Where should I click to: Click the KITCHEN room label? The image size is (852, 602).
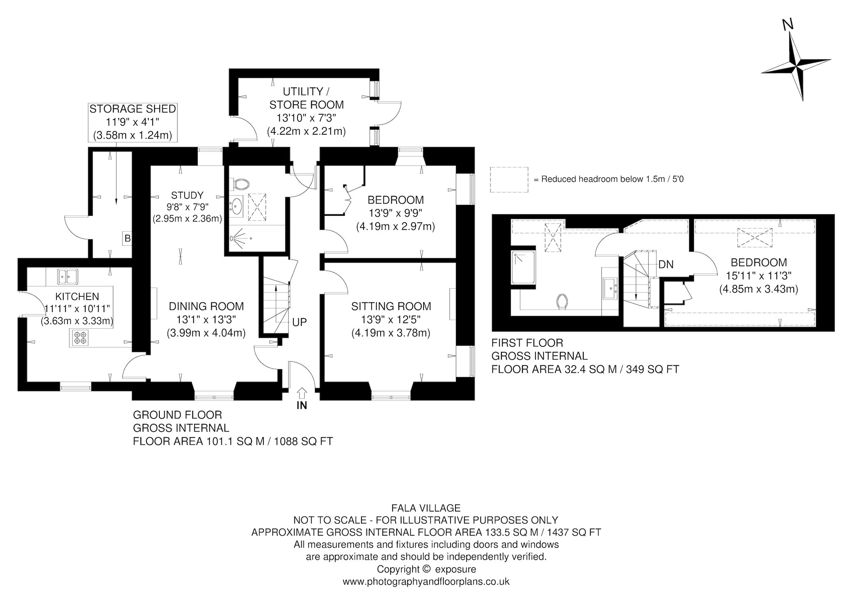click(x=77, y=297)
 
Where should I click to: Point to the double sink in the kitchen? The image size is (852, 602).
click(x=67, y=276)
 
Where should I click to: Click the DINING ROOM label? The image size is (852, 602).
click(x=206, y=307)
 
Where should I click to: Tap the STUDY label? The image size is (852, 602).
click(x=187, y=195)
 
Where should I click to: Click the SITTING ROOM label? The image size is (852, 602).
click(x=391, y=307)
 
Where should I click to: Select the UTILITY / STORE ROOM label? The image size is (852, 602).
click(x=308, y=98)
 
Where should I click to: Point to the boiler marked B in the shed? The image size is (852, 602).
click(x=127, y=239)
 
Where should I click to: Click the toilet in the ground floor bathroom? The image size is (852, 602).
click(x=241, y=183)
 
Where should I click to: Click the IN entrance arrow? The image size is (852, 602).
click(x=302, y=392)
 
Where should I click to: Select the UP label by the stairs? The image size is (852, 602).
click(x=300, y=322)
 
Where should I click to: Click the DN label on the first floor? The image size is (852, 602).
click(x=666, y=264)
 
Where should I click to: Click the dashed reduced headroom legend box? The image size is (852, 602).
click(x=509, y=180)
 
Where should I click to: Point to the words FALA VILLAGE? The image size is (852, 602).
click(x=426, y=508)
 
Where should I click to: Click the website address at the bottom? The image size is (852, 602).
click(x=426, y=582)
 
